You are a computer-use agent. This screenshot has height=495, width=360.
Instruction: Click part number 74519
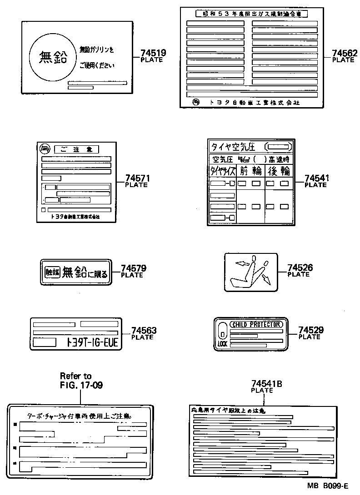click(153, 53)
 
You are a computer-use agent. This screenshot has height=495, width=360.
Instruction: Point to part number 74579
click(133, 268)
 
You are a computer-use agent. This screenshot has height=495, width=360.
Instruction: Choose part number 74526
click(300, 268)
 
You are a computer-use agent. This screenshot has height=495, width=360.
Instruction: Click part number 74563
click(144, 331)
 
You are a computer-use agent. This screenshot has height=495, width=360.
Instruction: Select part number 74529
click(310, 330)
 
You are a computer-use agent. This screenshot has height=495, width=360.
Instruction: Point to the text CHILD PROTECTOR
click(256, 324)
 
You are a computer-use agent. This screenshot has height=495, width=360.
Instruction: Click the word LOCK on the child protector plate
click(222, 344)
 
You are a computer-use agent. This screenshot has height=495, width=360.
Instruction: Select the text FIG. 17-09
click(81, 385)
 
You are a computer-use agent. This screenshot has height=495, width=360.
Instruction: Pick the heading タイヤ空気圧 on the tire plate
click(233, 147)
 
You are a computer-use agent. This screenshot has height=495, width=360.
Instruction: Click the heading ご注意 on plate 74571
click(76, 149)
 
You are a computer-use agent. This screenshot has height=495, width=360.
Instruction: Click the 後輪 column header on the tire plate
click(278, 171)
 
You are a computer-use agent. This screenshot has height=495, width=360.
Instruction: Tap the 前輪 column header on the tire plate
click(250, 171)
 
